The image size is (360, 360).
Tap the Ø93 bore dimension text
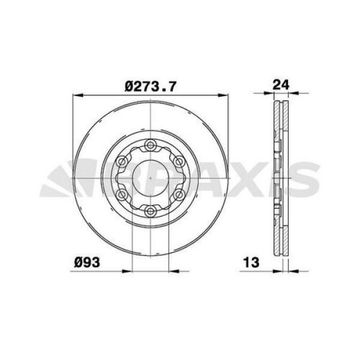[x=87, y=262]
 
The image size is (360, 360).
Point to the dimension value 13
[x=251, y=262]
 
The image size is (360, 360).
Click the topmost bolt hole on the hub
[x=151, y=144]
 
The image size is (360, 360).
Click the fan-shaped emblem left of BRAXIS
[x=63, y=180]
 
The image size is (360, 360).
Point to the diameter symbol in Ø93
[x=79, y=262]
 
